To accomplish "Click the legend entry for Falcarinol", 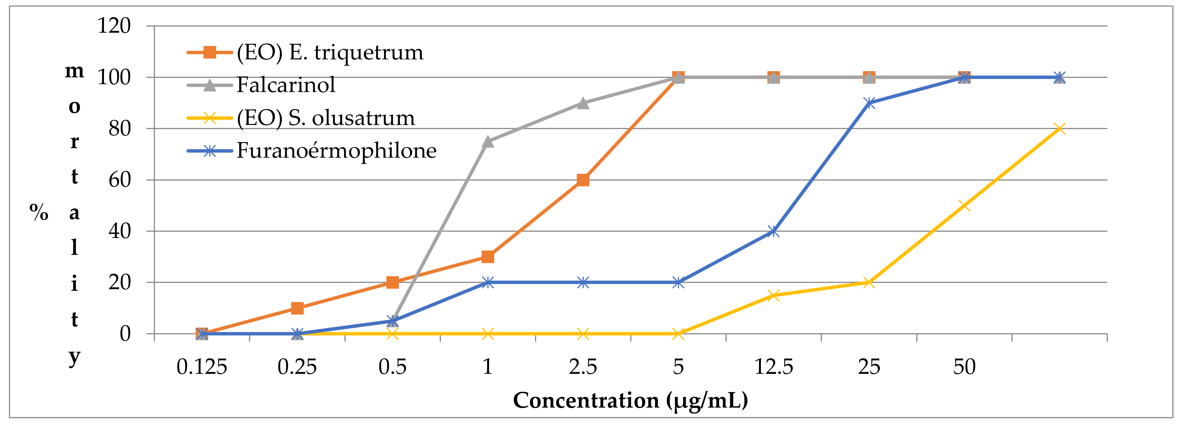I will pyautogui.click(x=285, y=85).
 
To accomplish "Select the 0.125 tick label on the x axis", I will pyautogui.click(x=202, y=367).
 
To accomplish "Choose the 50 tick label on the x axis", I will pyautogui.click(x=964, y=367).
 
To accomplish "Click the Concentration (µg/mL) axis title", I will pyautogui.click(x=630, y=400).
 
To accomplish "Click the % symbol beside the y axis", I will pyautogui.click(x=39, y=212).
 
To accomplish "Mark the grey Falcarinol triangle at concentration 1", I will pyautogui.click(x=488, y=142).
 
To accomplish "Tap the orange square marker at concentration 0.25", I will pyautogui.click(x=297, y=308).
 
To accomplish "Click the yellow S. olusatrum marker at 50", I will pyautogui.click(x=964, y=205).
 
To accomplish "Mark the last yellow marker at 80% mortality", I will pyautogui.click(x=1059, y=128).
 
